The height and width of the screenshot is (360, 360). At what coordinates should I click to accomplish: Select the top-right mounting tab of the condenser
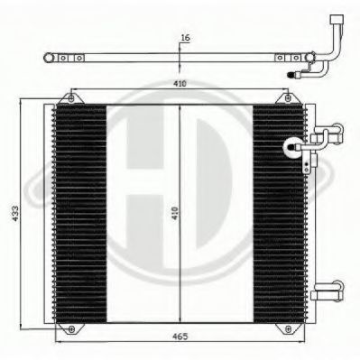(x=292, y=97)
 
